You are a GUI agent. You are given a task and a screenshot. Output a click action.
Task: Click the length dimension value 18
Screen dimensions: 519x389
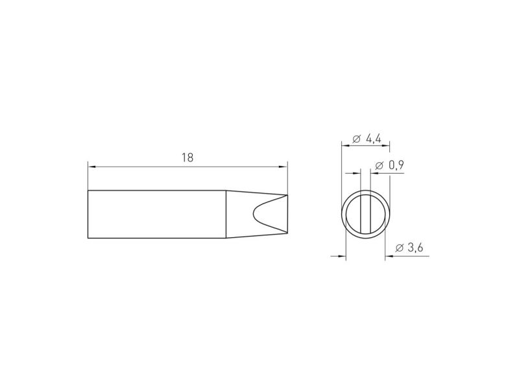[187, 158]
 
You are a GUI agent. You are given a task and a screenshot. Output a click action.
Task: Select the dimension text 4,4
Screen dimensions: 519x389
[374, 139]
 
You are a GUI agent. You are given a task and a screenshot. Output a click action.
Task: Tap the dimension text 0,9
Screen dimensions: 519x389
[396, 165]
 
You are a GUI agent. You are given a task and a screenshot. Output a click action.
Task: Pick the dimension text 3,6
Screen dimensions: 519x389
[415, 248]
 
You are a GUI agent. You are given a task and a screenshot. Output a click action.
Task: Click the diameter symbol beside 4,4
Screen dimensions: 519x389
[356, 139]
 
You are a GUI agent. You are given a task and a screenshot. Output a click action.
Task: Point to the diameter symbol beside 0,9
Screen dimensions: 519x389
[380, 165]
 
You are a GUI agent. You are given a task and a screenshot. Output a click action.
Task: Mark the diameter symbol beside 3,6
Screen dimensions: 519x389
[400, 248]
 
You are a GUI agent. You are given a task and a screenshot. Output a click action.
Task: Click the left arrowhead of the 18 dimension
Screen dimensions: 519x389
[92, 167]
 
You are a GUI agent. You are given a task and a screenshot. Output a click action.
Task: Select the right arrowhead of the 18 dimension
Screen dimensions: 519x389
[284, 167]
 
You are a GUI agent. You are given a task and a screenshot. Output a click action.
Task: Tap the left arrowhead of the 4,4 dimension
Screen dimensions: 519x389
[346, 145]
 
